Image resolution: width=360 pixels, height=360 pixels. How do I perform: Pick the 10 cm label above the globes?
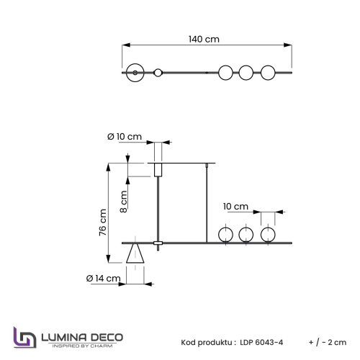(235, 207)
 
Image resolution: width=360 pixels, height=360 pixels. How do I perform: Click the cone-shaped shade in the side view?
(135, 254)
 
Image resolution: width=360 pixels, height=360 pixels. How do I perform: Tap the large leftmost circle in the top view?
(134, 73)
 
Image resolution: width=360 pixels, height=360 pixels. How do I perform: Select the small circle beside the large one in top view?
(158, 73)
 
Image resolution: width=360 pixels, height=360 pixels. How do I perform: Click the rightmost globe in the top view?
(268, 73)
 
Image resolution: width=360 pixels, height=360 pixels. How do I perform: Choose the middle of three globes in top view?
(246, 73)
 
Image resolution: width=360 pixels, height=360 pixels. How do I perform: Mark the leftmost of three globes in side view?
(225, 235)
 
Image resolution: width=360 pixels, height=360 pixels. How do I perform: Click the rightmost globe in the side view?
(268, 235)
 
